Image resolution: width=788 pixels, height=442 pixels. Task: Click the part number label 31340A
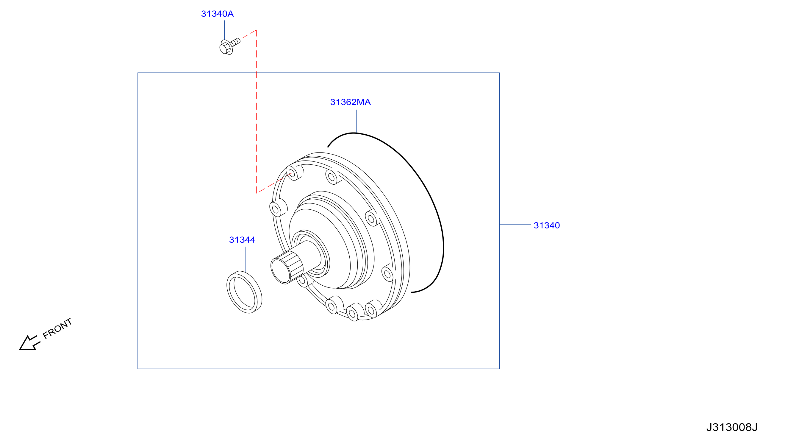point(217,14)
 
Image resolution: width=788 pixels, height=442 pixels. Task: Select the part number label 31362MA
point(350,102)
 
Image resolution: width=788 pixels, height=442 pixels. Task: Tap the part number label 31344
point(242,240)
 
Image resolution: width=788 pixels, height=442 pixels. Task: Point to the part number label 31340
point(547,225)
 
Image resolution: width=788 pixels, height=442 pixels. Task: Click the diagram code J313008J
point(732,427)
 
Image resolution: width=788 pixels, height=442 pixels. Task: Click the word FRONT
point(57,329)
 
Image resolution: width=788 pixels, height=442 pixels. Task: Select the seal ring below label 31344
point(244,292)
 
